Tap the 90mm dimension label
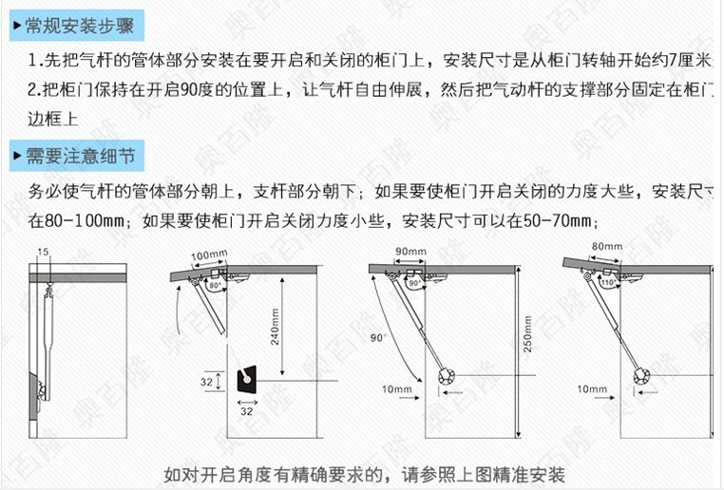tap(410, 251)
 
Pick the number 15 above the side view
tap(43, 252)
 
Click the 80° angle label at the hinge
tap(215, 285)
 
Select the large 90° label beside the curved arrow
tap(378, 337)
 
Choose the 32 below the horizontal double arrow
tap(245, 411)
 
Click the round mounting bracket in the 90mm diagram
tap(447, 376)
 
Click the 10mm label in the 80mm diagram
tap(591, 389)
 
